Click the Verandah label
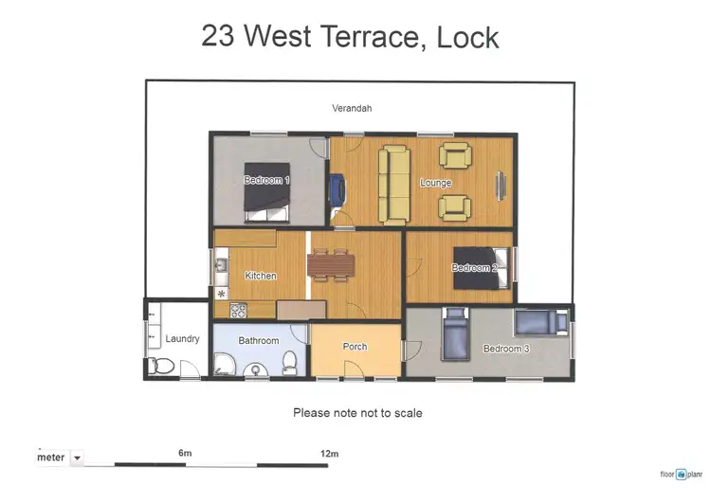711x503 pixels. coord(352,108)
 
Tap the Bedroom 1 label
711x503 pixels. coord(266,180)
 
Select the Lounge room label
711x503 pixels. coord(435,183)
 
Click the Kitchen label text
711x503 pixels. coord(261,276)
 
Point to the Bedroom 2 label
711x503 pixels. coord(473,268)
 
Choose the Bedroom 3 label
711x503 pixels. coord(506,349)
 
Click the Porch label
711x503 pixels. coord(355,347)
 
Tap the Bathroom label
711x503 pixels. coord(258,340)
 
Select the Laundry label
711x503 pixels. coord(182,338)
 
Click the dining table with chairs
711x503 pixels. coord(331,264)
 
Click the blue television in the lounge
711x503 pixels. coord(337,189)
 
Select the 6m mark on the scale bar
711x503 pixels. coord(185,454)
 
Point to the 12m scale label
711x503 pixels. coord(329,454)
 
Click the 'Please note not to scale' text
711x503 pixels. coord(357,413)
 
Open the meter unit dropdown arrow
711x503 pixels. coord(77,458)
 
